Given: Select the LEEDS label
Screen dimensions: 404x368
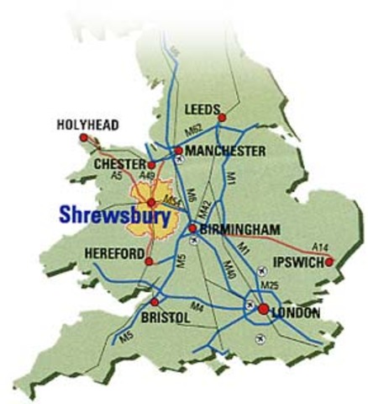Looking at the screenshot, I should (x=202, y=109).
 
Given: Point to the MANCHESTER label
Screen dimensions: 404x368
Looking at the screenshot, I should (x=226, y=151).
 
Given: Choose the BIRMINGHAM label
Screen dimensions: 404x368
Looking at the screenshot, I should (x=239, y=227).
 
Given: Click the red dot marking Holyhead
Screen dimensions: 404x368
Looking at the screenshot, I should (x=83, y=137).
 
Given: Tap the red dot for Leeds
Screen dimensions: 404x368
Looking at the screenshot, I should (x=222, y=118).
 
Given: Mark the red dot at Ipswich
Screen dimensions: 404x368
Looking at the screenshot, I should (x=329, y=263).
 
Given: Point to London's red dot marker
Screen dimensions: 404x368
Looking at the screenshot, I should (x=263, y=310).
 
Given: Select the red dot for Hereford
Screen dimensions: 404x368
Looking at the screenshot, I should (x=149, y=261).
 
